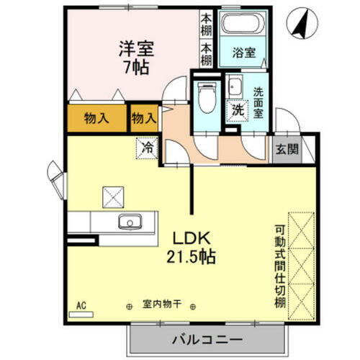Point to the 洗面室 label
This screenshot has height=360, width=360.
[258, 102]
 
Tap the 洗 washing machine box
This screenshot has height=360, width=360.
[235, 109]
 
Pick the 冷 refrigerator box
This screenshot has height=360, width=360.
[146, 149]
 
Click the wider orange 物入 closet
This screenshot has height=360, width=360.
[96, 118]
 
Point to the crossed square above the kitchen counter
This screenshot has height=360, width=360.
[113, 195]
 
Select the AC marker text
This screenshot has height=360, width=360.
[81, 305]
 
